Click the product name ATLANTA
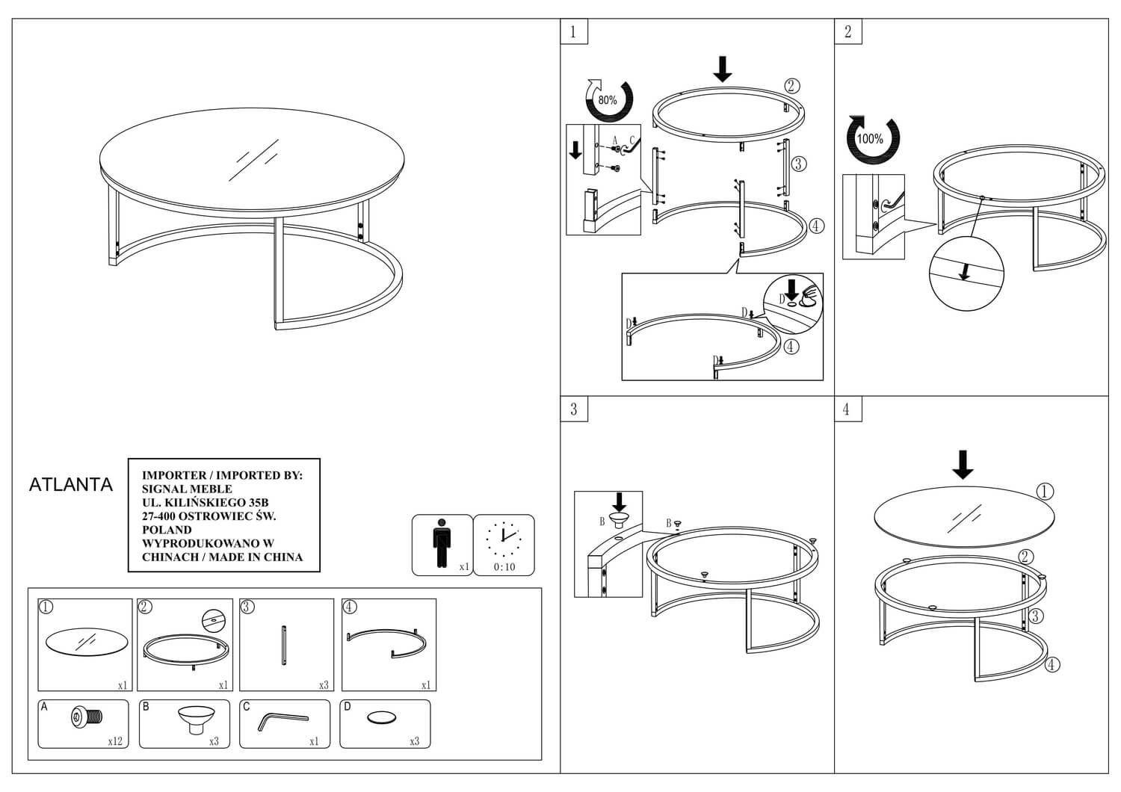coord(70,484)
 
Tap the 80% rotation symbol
coord(608,100)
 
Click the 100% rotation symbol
coord(872,139)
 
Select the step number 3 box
coord(573,409)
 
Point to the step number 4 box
coord(847,409)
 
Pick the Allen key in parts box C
coord(282,722)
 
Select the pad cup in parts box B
coord(196,720)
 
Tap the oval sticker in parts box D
coord(381,718)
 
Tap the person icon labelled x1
coord(442,543)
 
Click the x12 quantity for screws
coord(115,741)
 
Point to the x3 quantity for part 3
coord(324,685)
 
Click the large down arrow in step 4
coord(963,465)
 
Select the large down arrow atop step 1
coord(722,69)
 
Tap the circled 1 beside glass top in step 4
coord(1044,492)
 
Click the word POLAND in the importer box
coord(167,530)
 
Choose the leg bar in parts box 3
coord(284,646)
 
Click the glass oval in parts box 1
coord(87,642)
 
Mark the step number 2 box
coord(847,31)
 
